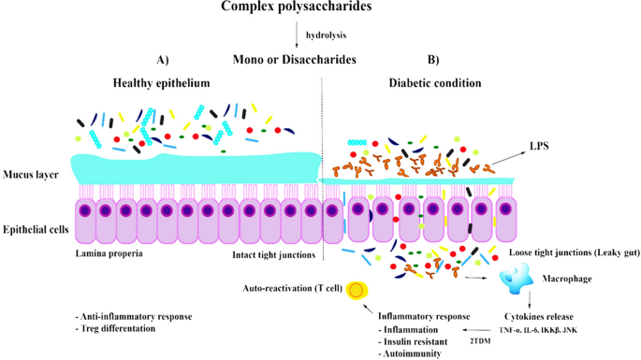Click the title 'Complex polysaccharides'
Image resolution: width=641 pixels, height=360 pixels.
pos(295,8)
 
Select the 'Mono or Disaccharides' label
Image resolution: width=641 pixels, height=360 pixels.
pos(295,60)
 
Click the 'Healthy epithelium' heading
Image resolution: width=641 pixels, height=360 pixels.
pos(161,83)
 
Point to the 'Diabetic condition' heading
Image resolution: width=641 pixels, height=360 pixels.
pos(435,83)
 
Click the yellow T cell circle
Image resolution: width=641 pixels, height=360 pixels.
pos(356,291)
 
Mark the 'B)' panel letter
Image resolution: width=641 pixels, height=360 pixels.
pos(433,60)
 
